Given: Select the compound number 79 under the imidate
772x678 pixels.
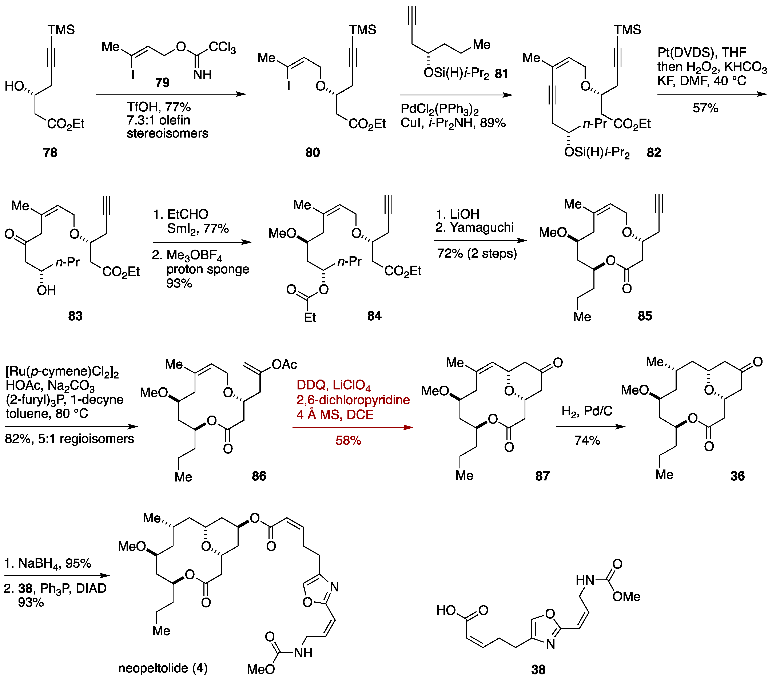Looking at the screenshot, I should pyautogui.click(x=162, y=82).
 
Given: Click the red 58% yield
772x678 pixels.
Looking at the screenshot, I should pyautogui.click(x=348, y=440).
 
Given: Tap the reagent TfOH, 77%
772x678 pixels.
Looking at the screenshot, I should pyautogui.click(x=159, y=107).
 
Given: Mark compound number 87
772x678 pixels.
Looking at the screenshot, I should pyautogui.click(x=542, y=476).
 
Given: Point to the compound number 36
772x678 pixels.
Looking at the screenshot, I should pyautogui.click(x=737, y=476).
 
